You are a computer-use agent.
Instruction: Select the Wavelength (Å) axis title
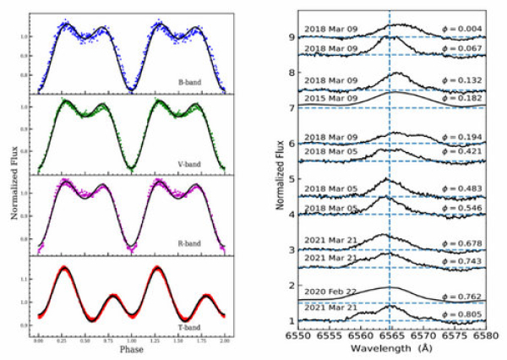point(392,347)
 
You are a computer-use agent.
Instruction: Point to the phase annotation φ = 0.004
point(465,30)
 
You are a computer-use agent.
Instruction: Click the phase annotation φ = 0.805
point(465,312)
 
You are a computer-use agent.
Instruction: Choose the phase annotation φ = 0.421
point(465,152)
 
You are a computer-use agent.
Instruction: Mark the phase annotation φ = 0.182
point(465,100)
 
